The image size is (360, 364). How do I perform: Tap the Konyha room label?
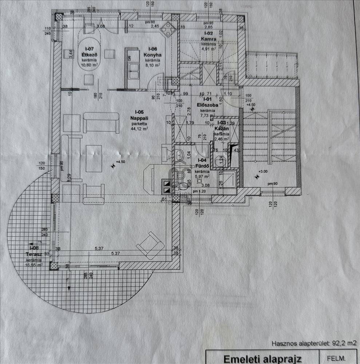click(x=153, y=55)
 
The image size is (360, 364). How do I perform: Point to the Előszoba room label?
click(x=207, y=105)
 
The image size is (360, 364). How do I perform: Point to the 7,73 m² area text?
click(x=207, y=115)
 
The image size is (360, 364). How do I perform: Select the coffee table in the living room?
click(x=94, y=158)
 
